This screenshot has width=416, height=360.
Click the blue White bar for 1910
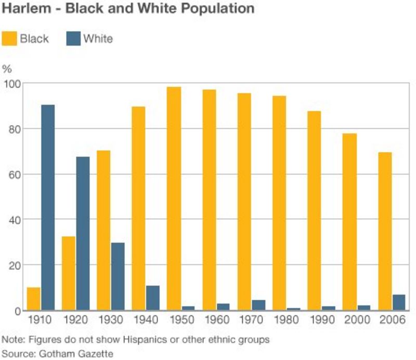pyautogui.click(x=48, y=207)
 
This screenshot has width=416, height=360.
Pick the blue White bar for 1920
pyautogui.click(x=83, y=233)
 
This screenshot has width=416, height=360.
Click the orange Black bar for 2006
pyautogui.click(x=385, y=231)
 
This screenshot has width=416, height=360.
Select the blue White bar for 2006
pyautogui.click(x=399, y=302)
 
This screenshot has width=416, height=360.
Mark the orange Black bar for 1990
pyautogui.click(x=314, y=210)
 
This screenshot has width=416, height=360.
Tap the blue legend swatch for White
pyautogui.click(x=73, y=38)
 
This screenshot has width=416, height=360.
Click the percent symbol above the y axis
pyautogui.click(x=7, y=69)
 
